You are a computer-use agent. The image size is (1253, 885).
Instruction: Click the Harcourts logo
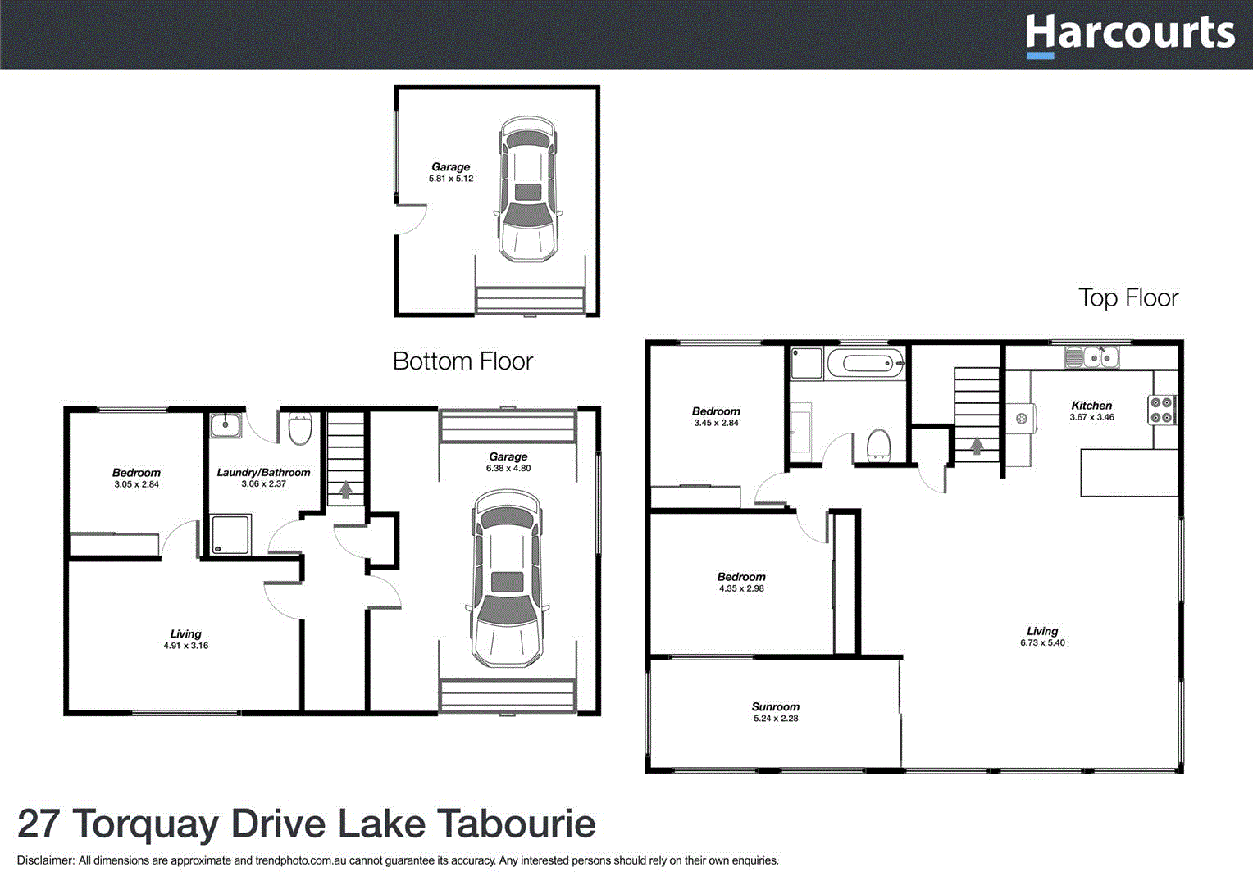click(1129, 34)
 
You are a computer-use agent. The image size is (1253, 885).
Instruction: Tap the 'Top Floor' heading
click(1128, 297)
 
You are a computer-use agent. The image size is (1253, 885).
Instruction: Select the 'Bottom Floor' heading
click(462, 361)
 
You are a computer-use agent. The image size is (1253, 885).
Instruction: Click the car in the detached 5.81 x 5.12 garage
click(528, 189)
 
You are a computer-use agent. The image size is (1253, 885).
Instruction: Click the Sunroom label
click(775, 706)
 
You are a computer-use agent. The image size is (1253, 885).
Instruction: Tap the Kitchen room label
click(1091, 406)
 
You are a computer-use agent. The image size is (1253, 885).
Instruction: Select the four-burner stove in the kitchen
click(1161, 410)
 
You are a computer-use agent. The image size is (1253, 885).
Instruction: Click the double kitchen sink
click(1091, 357)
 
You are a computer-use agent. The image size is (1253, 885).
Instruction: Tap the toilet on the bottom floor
click(300, 428)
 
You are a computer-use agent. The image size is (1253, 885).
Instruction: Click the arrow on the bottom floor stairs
click(346, 489)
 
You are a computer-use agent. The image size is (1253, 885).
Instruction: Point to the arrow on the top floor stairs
click(977, 446)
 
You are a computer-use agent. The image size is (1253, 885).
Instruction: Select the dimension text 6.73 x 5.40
click(1042, 643)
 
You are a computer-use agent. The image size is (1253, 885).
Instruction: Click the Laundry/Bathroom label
click(263, 473)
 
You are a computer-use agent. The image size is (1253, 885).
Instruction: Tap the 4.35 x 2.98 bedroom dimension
click(741, 588)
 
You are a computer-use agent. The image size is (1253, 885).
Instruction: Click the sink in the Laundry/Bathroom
click(225, 425)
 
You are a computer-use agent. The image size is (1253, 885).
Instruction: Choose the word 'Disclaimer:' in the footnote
click(45, 860)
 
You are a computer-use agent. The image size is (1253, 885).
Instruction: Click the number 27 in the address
click(39, 824)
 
